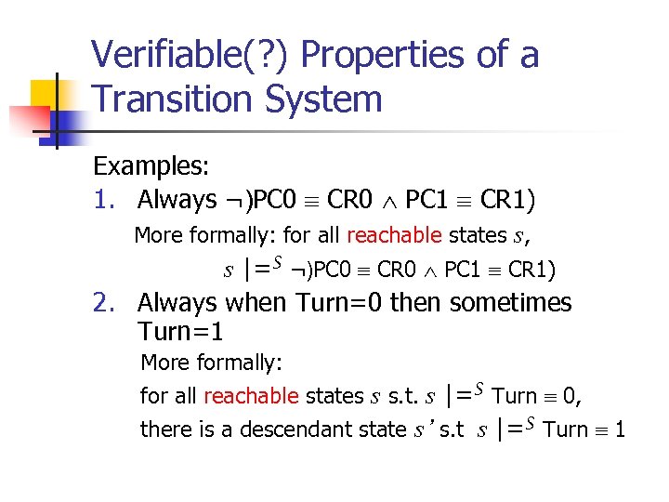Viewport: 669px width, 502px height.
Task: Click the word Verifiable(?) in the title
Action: click(190, 56)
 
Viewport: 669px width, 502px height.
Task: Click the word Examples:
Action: click(151, 166)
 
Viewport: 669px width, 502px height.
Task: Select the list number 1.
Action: click(102, 200)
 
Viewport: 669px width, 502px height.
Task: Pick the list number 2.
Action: click(102, 303)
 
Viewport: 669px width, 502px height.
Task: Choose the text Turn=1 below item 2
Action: click(181, 330)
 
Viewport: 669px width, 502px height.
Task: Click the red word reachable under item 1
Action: click(395, 235)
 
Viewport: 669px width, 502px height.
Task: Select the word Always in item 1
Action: click(177, 200)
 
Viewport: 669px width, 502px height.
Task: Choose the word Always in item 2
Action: click(177, 303)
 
